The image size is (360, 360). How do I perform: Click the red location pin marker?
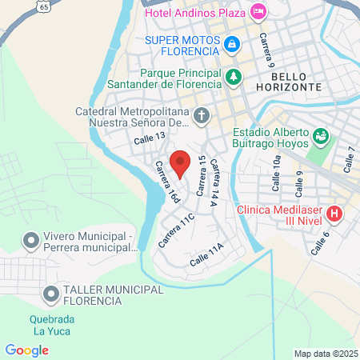coord(181,163)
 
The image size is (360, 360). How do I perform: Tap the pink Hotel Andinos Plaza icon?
coord(258,12)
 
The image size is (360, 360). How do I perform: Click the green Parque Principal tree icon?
coord(233,77)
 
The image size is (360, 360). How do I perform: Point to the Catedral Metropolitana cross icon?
coord(201,117)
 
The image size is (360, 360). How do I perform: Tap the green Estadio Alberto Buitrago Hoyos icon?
coord(321,137)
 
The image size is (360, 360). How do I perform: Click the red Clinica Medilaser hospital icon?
coord(334,214)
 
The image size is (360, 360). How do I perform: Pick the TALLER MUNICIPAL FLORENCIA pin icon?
coord(51,294)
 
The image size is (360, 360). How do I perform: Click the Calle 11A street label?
coord(206,258)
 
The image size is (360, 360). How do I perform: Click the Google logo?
coord(26,350)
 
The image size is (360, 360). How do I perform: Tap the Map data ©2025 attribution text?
coord(324,354)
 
